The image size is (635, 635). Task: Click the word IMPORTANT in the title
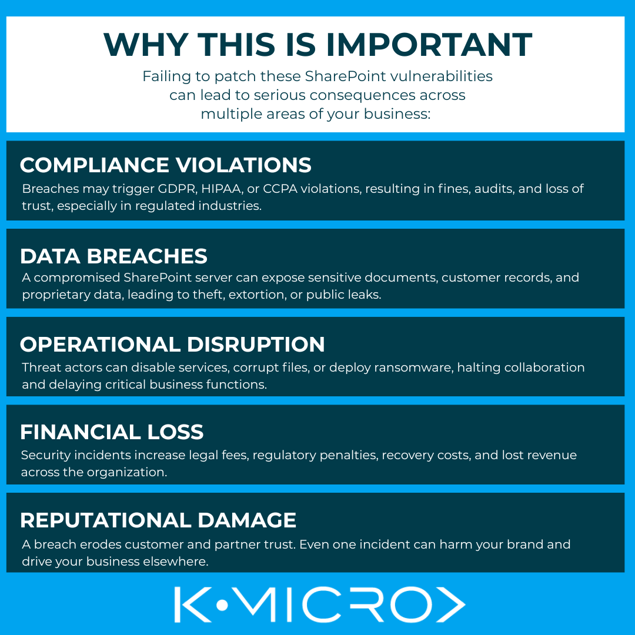point(429,45)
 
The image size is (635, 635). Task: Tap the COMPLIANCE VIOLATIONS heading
point(166,165)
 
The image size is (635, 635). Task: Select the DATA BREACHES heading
point(114,256)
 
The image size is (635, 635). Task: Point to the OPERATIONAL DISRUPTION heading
point(172,344)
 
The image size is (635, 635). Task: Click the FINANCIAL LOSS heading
point(112,432)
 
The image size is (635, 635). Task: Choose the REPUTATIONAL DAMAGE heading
point(158,520)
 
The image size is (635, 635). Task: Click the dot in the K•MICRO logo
point(222,605)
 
